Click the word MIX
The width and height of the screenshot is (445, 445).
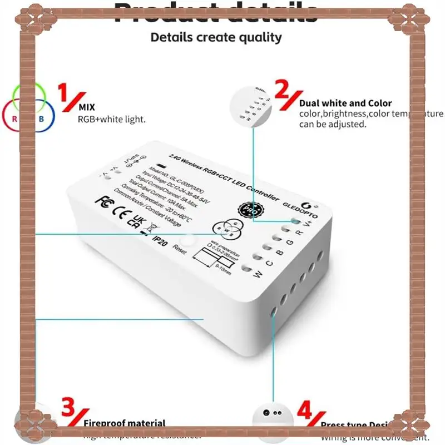pyautogui.click(x=87, y=107)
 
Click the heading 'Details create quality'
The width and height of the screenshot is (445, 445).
pyautogui.click(x=216, y=38)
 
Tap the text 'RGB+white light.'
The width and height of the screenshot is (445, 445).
pyautogui.click(x=112, y=120)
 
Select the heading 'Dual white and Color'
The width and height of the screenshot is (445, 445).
pyautogui.click(x=345, y=103)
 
